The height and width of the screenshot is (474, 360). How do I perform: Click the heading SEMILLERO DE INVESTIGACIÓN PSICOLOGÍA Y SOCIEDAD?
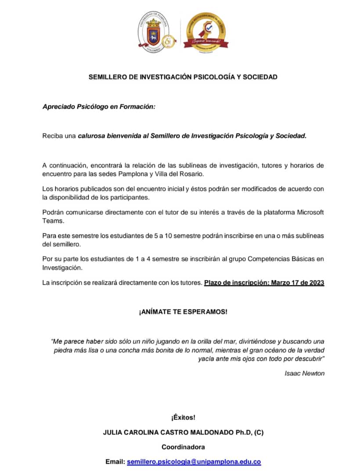coord(183,77)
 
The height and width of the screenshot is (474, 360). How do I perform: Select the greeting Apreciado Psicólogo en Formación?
coord(99,107)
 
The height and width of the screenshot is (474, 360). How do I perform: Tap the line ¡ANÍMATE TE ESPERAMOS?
coord(183,312)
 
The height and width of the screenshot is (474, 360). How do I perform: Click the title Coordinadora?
coord(183,447)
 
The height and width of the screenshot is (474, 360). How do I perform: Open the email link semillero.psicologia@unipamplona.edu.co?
coord(194,462)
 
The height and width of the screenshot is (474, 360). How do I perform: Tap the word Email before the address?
coord(115,462)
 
